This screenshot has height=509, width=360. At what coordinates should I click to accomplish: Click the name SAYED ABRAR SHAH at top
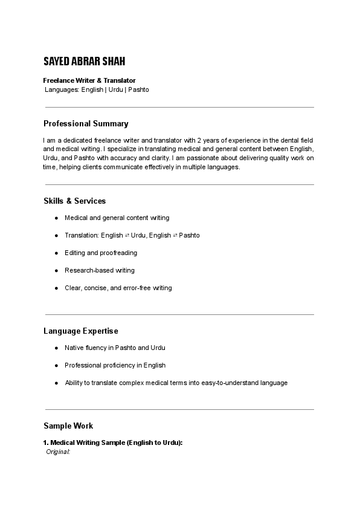click(85, 62)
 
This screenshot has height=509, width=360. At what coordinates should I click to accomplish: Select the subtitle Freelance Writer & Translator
click(89, 80)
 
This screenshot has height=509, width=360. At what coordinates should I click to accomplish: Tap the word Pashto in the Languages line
click(138, 89)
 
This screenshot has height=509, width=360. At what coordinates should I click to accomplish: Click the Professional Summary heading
click(86, 124)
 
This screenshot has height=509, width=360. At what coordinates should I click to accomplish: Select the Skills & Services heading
click(74, 201)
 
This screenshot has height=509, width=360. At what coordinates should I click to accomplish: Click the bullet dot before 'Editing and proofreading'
click(56, 253)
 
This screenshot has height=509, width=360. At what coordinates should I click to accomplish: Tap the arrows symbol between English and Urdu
click(127, 235)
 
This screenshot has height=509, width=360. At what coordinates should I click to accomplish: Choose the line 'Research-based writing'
click(100, 270)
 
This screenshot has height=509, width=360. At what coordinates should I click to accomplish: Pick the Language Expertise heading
click(80, 331)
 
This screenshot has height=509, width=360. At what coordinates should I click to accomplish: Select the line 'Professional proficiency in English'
click(115, 365)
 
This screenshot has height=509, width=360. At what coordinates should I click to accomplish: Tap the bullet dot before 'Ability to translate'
click(56, 383)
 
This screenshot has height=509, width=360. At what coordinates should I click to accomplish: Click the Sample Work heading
click(68, 426)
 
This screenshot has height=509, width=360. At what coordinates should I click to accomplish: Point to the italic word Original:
click(59, 452)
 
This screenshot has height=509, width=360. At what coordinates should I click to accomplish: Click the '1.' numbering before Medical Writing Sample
click(47, 443)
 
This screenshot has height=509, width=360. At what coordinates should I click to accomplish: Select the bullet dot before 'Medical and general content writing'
click(56, 218)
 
